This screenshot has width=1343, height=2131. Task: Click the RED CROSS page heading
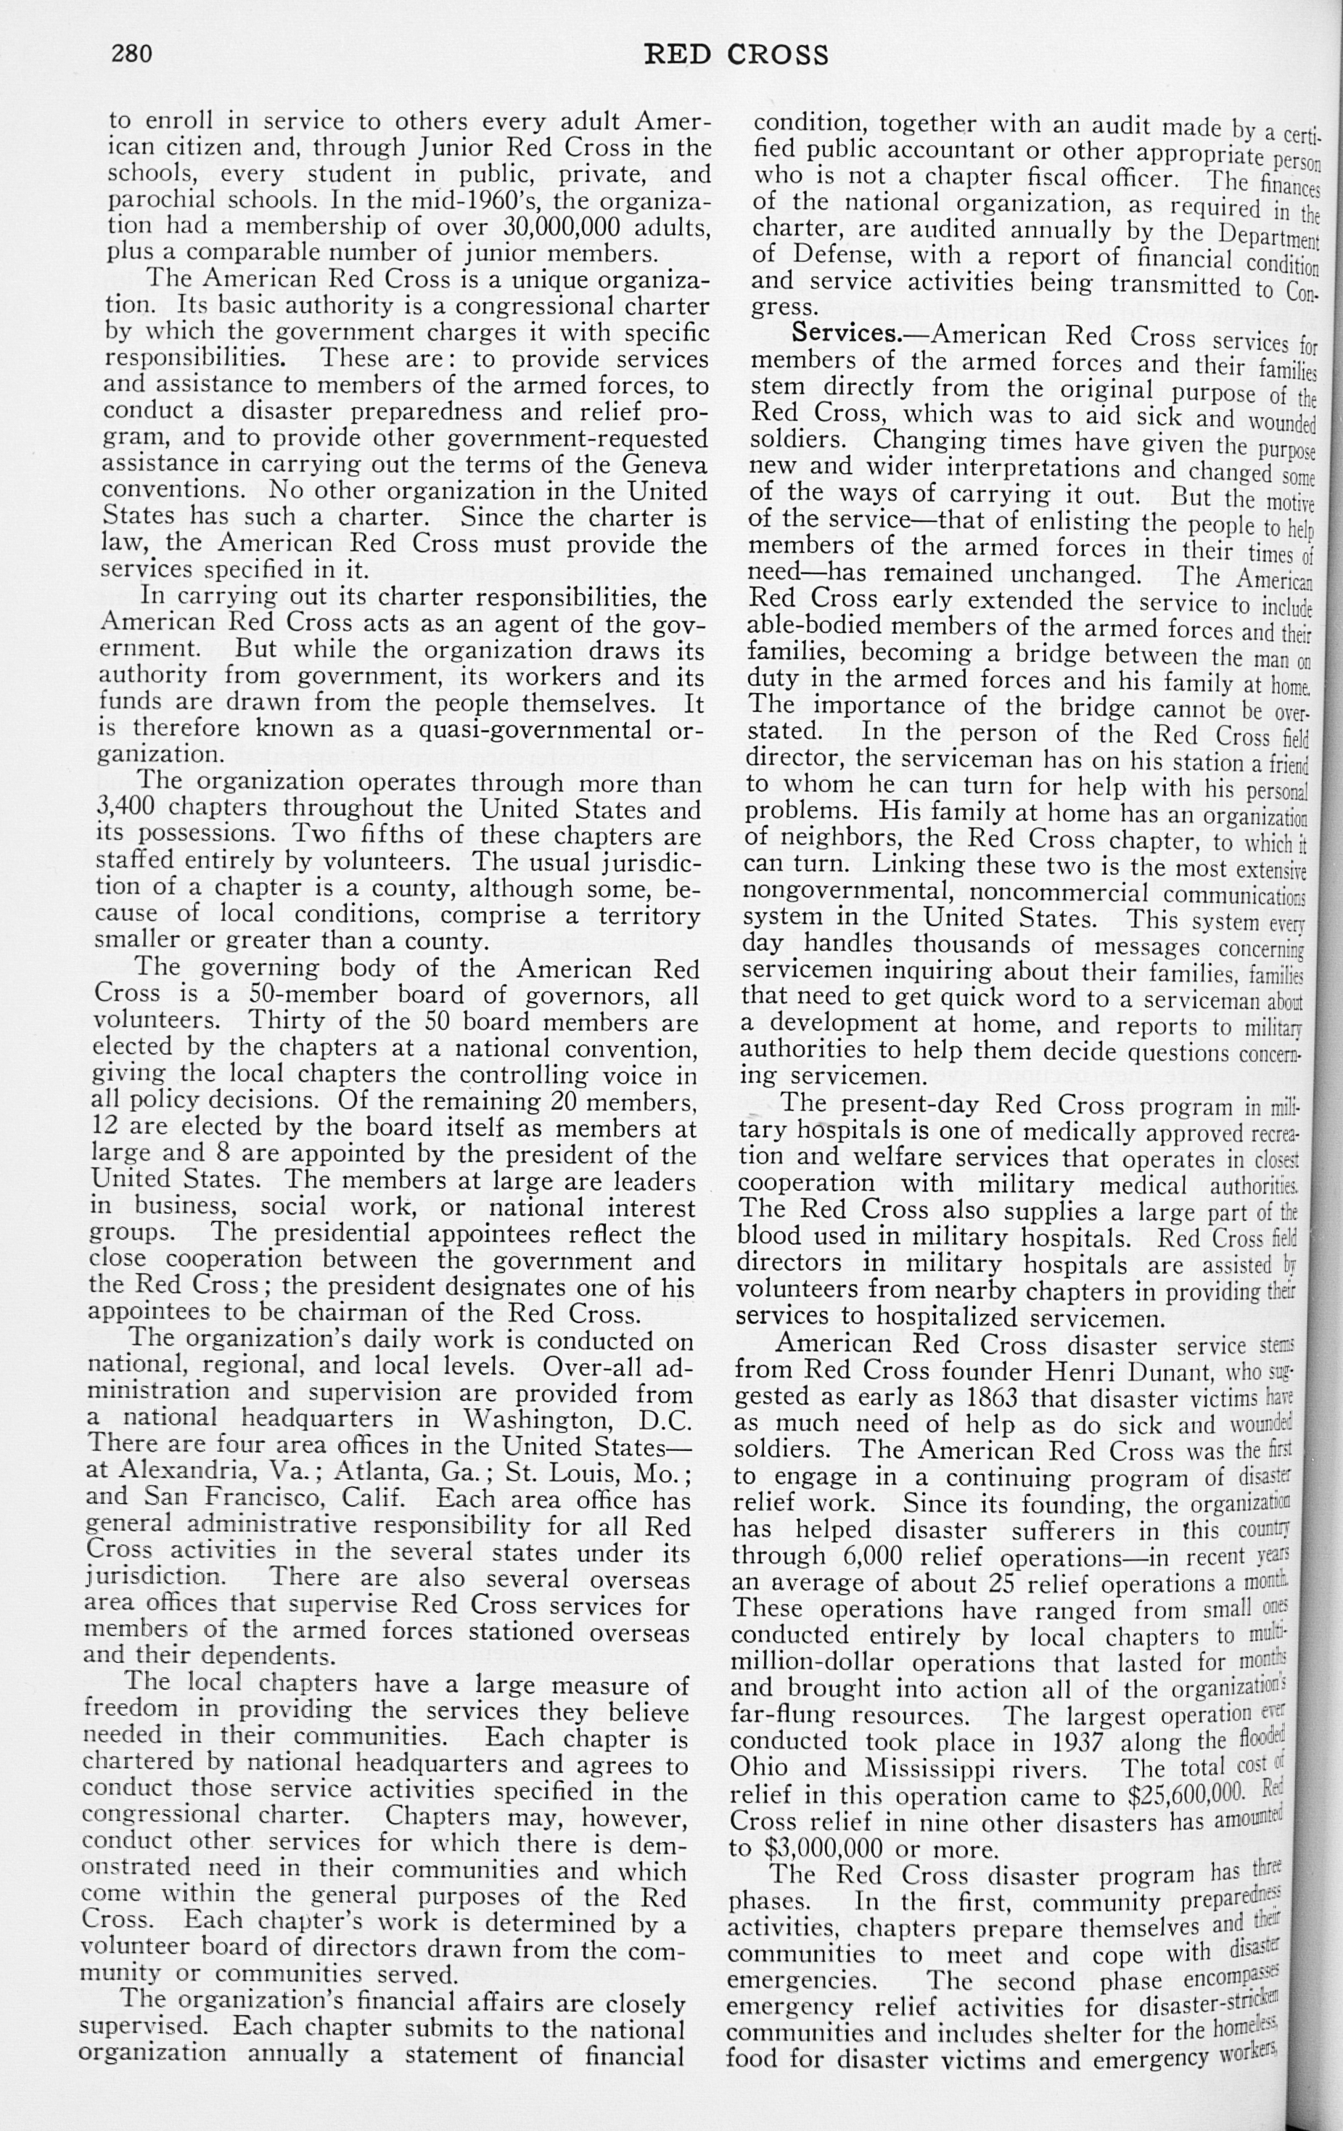click(x=736, y=56)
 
